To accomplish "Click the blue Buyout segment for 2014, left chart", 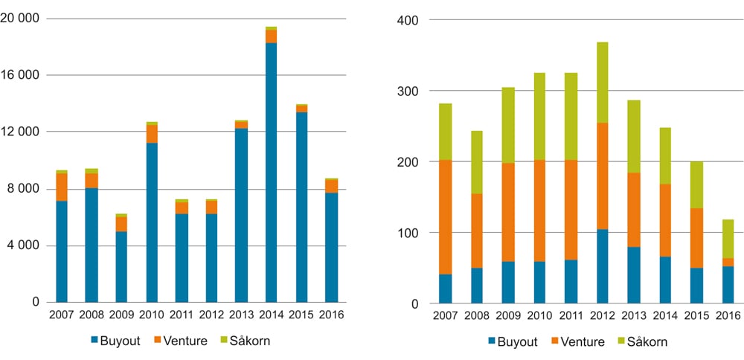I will pyautogui.click(x=272, y=173).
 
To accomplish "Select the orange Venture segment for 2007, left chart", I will pyautogui.click(x=62, y=187).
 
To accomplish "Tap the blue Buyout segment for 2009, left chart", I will pyautogui.click(x=121, y=266).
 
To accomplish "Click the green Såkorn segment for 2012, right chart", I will pyautogui.click(x=600, y=83).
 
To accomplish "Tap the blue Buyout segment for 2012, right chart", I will pyautogui.click(x=600, y=266).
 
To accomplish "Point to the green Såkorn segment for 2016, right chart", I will pyautogui.click(x=727, y=239).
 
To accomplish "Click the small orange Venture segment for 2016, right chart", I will pyautogui.click(x=727, y=262).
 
